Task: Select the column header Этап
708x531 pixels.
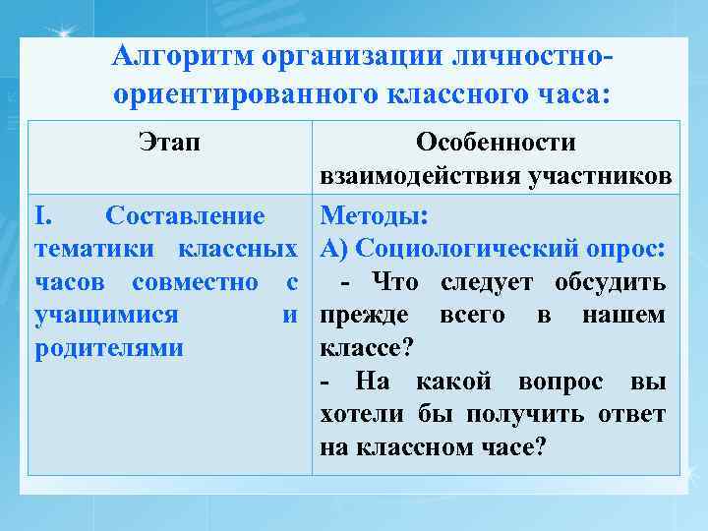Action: pos(168,144)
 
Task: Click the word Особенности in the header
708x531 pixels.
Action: pos(496,144)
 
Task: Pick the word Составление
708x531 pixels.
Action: pos(185,214)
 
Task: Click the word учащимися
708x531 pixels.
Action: pos(106,316)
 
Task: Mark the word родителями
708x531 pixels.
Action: pos(109,349)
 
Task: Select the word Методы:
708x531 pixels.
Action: pos(369,214)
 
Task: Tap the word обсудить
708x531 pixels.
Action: pos(612,282)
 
